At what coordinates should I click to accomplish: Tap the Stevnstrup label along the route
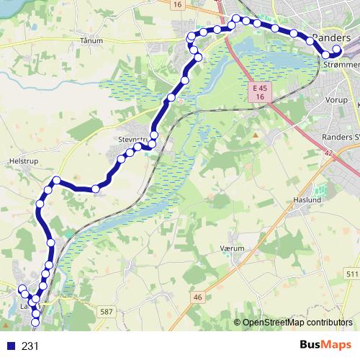coord(130,141)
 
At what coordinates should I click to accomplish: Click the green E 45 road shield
coord(260,87)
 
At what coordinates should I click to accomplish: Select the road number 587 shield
coord(107,310)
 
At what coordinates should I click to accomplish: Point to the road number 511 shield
coord(352,274)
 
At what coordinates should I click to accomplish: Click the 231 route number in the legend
coord(30,346)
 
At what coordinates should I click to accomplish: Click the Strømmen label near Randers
coord(343,65)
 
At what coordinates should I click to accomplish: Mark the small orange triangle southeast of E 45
coord(255,134)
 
